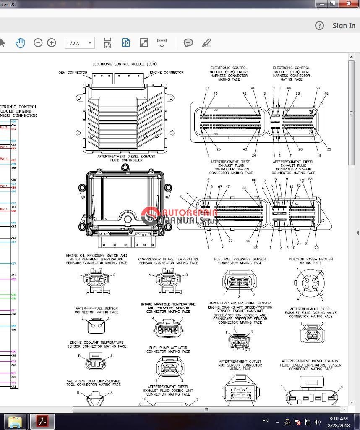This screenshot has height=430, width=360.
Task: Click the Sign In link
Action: (343, 26)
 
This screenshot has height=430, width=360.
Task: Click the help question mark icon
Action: (319, 26)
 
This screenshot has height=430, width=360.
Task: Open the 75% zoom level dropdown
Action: (80, 43)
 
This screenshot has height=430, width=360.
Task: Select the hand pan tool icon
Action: (20, 43)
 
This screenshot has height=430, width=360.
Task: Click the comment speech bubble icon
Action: (188, 43)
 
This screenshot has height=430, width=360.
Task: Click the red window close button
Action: (347, 4)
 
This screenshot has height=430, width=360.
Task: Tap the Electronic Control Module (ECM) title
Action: (124, 64)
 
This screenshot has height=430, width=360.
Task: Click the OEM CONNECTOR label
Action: (73, 73)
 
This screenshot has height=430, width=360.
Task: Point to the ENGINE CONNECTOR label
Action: (167, 73)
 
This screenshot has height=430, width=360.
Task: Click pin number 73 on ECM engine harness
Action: (206, 88)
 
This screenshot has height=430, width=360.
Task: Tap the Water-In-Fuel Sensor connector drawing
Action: (97, 326)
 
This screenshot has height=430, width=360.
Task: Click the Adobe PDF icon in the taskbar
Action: (42, 421)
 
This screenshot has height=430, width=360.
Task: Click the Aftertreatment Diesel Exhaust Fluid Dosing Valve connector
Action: (311, 333)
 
